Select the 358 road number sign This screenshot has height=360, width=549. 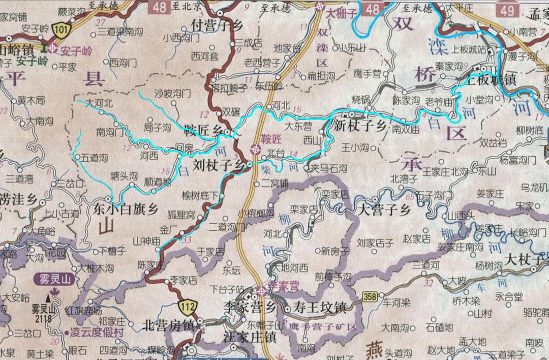(371, 296)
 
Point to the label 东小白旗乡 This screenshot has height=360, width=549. (126, 208)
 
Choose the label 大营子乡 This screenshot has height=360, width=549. (384, 209)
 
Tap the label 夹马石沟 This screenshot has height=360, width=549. (329, 167)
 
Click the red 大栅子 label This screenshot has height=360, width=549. (342, 14)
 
